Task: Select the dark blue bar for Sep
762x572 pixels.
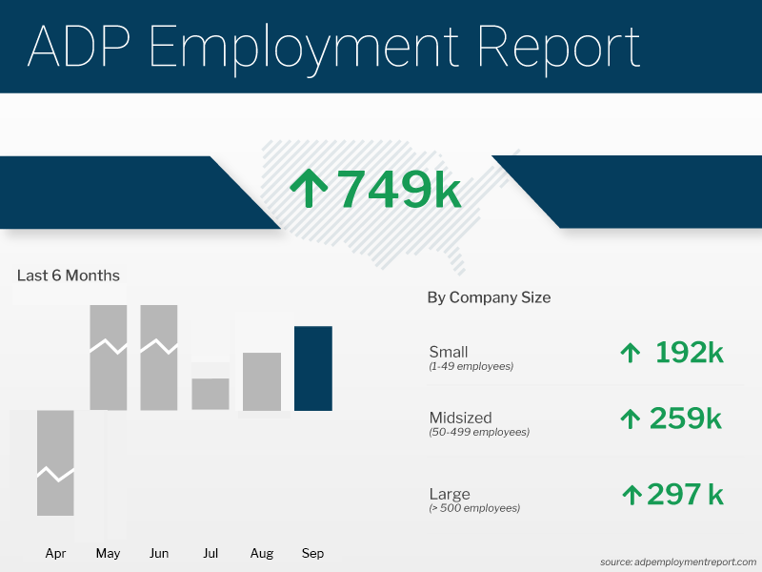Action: coord(313,368)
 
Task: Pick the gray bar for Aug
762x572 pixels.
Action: coord(262,381)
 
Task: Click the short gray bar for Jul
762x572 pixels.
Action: coord(211,394)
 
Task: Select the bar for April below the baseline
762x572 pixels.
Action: coord(56,462)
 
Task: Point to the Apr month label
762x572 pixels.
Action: coord(56,553)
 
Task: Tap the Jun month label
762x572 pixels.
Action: coord(159,553)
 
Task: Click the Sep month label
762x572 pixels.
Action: coord(312,553)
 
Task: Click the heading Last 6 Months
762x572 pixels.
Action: coord(69,276)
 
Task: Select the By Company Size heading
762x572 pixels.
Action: coord(489,297)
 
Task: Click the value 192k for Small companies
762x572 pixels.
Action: coord(689,353)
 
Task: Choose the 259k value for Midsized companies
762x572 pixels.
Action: coord(685,418)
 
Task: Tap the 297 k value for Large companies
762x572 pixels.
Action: coord(685,494)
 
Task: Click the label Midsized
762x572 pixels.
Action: coord(462,418)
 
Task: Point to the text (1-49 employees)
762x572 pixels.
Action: coord(471,366)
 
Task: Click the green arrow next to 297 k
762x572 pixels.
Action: coord(632,494)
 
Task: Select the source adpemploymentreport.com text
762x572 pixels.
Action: coord(678,562)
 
